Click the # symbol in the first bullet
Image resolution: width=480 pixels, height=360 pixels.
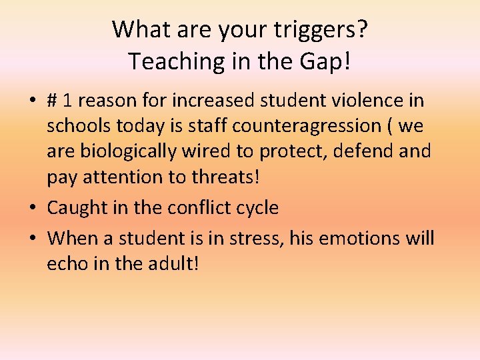pos(53,101)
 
